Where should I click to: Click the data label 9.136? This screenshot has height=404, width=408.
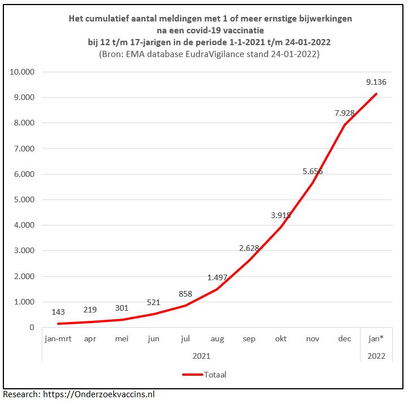click(376, 82)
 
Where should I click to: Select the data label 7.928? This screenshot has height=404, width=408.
click(344, 113)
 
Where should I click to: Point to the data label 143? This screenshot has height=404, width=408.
click(58, 312)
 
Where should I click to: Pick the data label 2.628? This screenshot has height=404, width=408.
click(249, 248)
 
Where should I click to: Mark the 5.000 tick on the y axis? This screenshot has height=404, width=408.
click(23, 199)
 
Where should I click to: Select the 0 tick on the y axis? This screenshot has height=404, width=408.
click(32, 327)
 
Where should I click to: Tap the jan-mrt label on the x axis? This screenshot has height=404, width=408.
click(58, 339)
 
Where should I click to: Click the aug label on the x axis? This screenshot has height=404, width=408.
click(217, 339)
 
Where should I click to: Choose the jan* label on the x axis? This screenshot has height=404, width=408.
click(376, 339)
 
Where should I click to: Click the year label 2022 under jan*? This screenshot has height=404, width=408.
click(376, 356)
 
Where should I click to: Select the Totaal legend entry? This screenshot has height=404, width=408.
click(204, 374)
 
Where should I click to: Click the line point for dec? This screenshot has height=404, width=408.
click(344, 125)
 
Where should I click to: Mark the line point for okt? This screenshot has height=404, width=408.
click(281, 227)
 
